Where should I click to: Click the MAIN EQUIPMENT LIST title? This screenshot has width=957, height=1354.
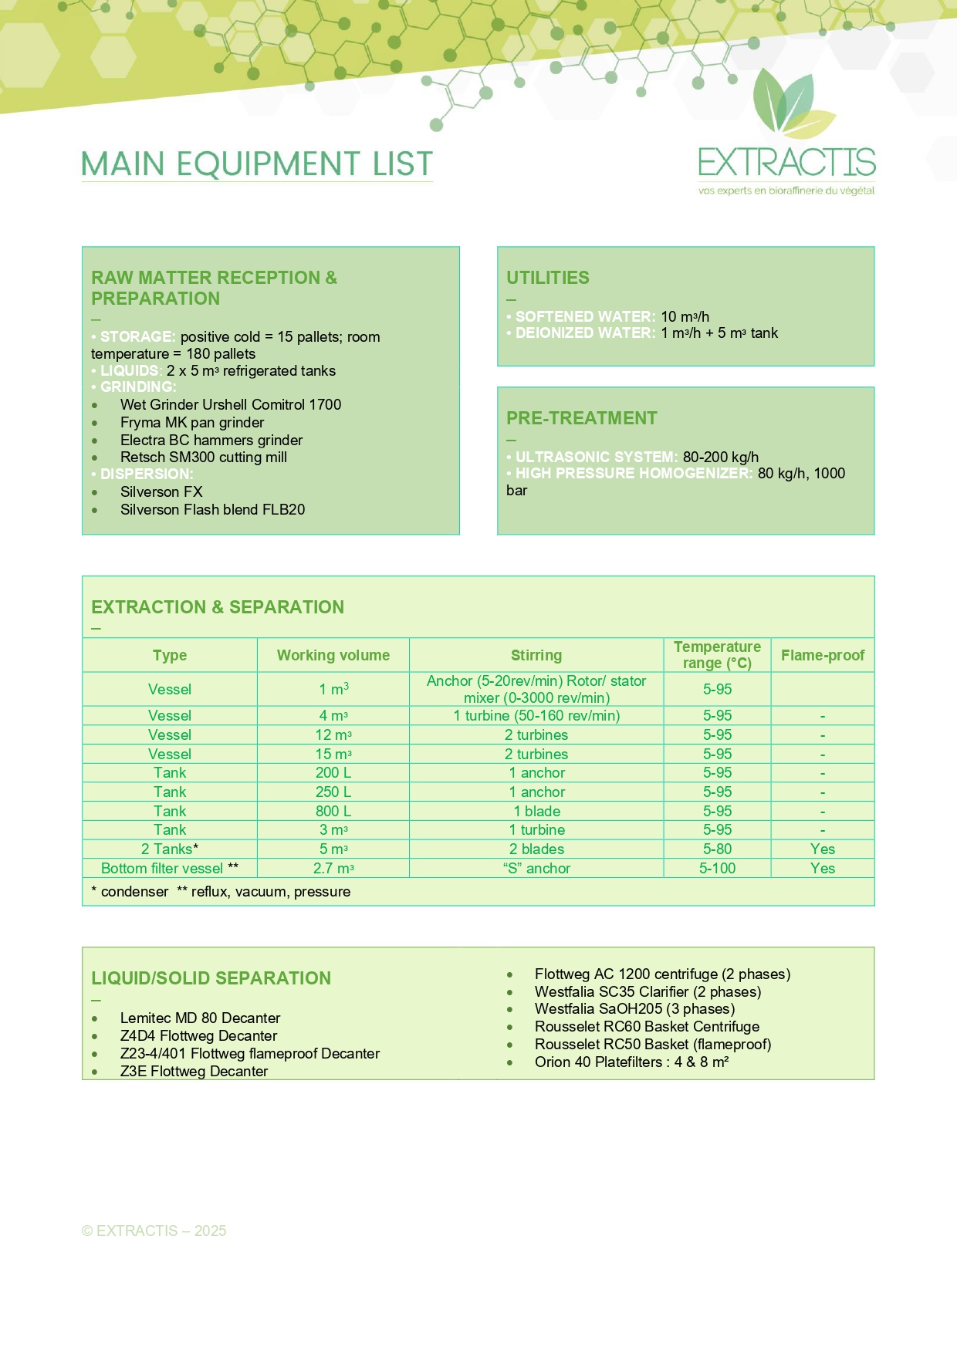[x=257, y=164]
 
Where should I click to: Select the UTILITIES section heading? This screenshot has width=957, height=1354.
[x=548, y=278]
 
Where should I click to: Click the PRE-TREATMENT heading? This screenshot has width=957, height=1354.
[x=582, y=418]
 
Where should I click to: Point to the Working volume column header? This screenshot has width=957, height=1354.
[x=333, y=655]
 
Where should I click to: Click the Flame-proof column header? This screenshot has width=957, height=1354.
[x=823, y=655]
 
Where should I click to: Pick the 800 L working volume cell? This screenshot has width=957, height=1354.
[x=333, y=811]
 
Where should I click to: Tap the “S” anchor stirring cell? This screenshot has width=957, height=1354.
[x=536, y=868]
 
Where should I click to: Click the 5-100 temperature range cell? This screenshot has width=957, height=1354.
[x=717, y=868]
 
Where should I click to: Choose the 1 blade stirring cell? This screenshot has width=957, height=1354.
[x=536, y=811]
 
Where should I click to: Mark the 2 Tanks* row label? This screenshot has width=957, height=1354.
[x=170, y=849]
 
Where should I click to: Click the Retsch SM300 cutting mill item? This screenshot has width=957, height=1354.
[x=204, y=457]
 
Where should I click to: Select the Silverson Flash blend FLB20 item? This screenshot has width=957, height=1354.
[x=212, y=509]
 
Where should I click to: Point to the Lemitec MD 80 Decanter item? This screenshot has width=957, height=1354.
[x=200, y=1018]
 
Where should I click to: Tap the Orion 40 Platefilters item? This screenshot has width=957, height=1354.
[x=631, y=1062]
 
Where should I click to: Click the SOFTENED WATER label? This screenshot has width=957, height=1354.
[x=585, y=316]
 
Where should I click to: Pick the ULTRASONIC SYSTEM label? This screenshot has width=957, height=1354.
[x=596, y=457]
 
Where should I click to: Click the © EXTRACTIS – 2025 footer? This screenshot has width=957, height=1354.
[x=154, y=1231]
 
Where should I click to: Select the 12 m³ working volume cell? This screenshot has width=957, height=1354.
[x=333, y=734]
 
